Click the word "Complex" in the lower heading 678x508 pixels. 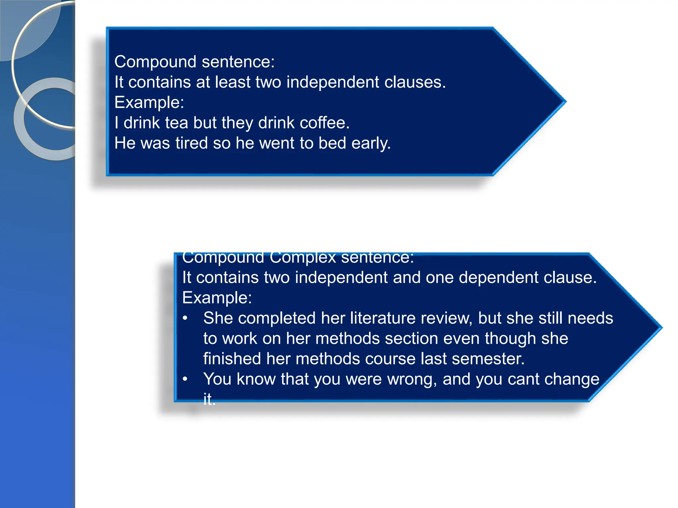click(x=303, y=258)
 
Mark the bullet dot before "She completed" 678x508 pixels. click(x=185, y=318)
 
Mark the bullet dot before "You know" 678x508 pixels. click(x=185, y=379)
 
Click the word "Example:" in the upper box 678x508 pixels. click(x=149, y=103)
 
